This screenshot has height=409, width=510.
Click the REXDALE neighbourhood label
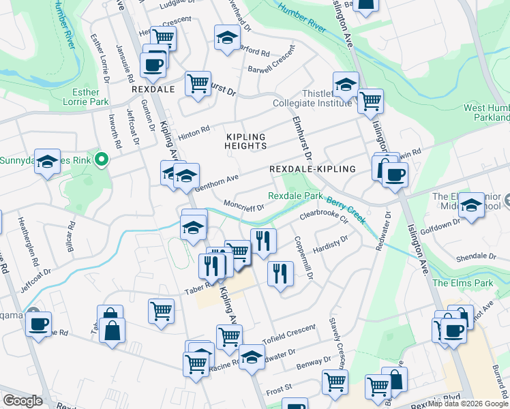tap(154, 89)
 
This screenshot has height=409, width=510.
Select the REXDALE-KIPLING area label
tap(312, 169)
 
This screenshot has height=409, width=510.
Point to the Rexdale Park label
tap(295, 196)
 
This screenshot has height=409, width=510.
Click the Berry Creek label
tap(346, 210)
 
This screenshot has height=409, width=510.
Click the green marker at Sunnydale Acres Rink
tap(102, 161)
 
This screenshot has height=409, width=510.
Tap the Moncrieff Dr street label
tap(243, 206)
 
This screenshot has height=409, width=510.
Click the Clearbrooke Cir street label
tap(324, 217)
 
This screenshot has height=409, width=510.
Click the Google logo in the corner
tap(22, 401)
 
